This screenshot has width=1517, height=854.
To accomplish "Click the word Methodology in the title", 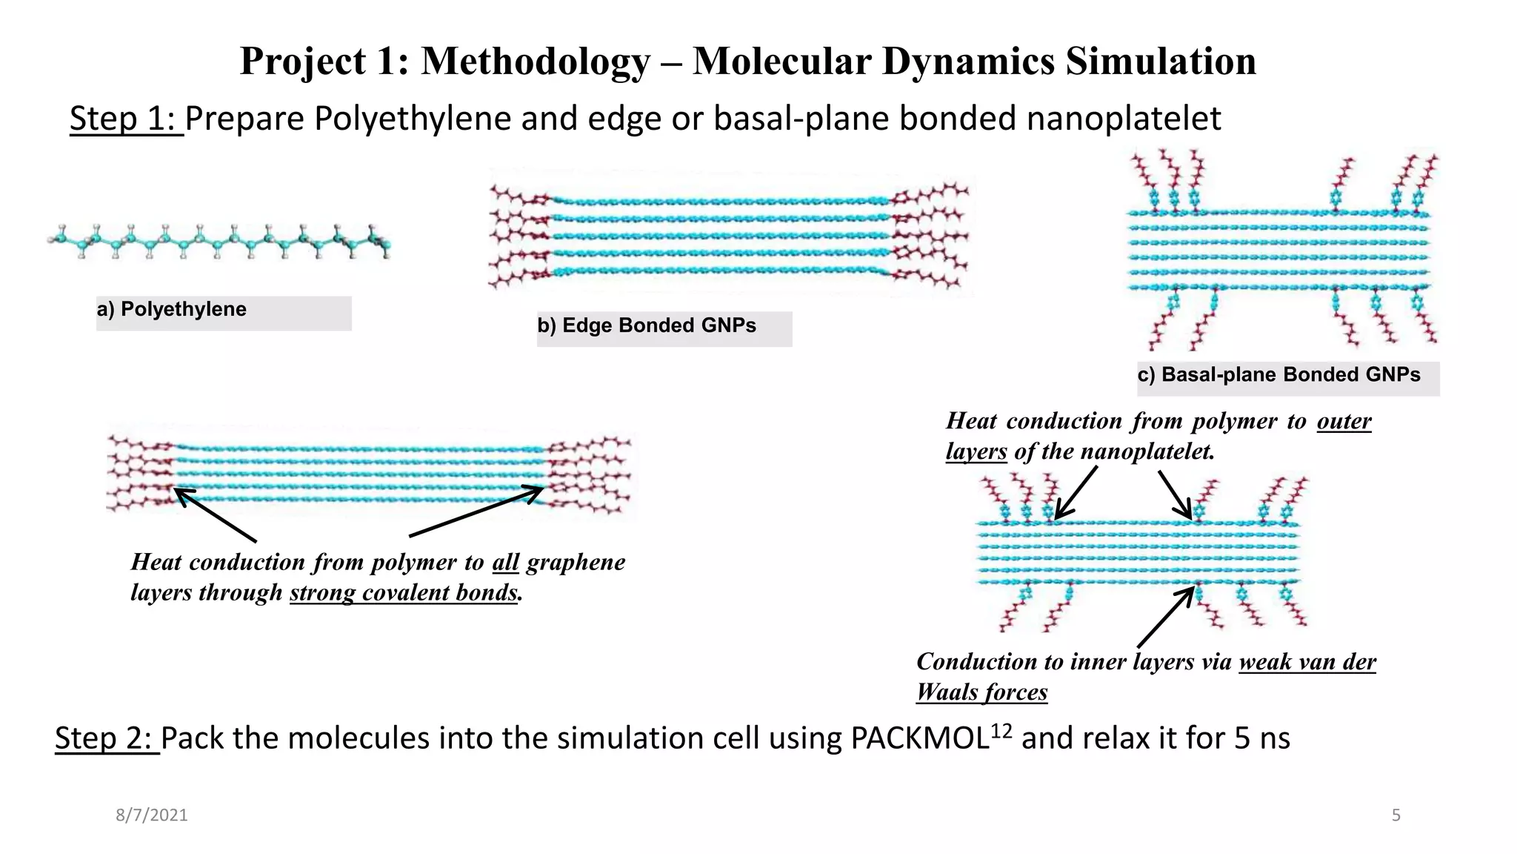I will pos(536,62).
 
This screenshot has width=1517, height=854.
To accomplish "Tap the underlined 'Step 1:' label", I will pos(126,119).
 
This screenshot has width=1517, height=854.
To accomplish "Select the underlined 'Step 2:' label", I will pos(107,738).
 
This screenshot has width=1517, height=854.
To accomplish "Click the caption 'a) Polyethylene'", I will pos(172,310).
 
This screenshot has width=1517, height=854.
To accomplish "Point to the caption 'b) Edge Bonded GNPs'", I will pos(647,326).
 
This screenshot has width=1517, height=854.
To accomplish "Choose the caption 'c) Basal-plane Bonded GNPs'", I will pos(1278,375).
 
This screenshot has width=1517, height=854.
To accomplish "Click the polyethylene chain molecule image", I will pos(219,241).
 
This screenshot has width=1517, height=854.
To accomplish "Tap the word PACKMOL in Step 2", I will pos(919,739).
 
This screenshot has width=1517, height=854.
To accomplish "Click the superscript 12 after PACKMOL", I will pos(1001,731).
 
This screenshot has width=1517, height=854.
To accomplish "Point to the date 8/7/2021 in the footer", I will pos(152,815).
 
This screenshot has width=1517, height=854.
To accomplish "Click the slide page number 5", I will pos(1396,815).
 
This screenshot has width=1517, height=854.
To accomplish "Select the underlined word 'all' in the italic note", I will pos(505,563).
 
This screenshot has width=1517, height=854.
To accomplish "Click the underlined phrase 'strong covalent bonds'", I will pos(403,593).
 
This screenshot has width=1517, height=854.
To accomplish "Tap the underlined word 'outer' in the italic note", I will pos(1344,421).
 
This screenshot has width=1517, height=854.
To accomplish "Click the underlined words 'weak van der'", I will pos(1307,662).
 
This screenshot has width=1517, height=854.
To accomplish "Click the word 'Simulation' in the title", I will pos(1161,62).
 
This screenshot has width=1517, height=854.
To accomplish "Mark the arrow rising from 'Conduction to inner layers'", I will pos(1167,617).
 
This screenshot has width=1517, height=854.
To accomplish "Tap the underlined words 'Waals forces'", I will pos(981,692).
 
